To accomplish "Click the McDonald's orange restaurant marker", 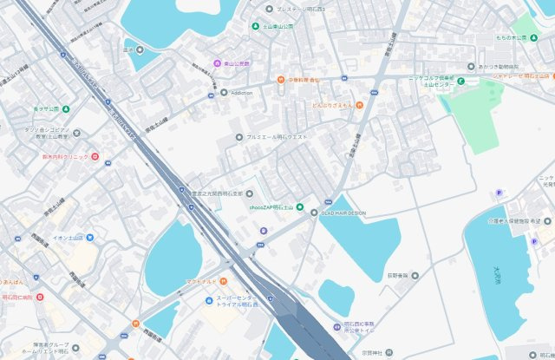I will click(x=223, y=281).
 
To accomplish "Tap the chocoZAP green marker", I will click(x=300, y=206).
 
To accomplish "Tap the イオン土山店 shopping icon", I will click(x=89, y=237).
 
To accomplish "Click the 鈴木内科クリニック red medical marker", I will click(x=95, y=156).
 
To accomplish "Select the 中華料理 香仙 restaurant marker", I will click(x=281, y=80).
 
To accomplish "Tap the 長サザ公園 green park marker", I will click(x=66, y=109).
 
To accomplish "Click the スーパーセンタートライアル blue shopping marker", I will click(x=209, y=300).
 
